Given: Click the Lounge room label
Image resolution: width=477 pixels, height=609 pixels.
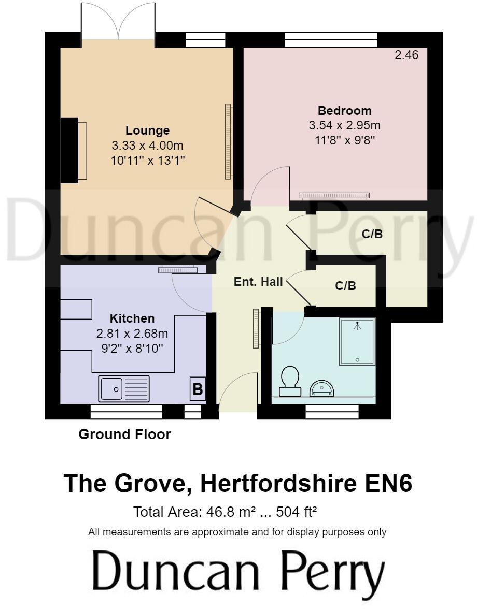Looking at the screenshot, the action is coord(147,131).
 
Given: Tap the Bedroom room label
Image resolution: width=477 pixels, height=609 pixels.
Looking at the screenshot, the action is coord(344,111).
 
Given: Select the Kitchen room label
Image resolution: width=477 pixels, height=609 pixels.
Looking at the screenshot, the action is coord(132,318).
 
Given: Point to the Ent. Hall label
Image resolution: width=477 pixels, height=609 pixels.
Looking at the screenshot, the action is coord(258,282).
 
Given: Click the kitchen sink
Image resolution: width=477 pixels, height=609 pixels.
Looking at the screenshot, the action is coord(124,389).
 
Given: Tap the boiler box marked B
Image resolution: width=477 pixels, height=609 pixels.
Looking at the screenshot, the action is coord(198,389).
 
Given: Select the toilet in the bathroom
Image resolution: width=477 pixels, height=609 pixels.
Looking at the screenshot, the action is coord(290,381).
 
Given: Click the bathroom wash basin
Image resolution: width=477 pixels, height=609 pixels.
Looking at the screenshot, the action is coord(322,389).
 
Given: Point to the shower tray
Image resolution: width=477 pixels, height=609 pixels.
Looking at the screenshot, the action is coord(357,342).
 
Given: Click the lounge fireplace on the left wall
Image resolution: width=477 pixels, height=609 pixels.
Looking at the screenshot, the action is coord(74,151).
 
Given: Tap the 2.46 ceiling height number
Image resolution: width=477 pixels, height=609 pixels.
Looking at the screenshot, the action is coord(406,55).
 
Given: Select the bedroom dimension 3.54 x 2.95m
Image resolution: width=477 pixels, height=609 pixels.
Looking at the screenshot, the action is coord(344,125).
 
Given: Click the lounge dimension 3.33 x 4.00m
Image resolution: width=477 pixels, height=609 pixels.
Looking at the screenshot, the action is coord(147,146).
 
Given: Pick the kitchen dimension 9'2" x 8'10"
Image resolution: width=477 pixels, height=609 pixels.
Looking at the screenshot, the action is coord(132,349).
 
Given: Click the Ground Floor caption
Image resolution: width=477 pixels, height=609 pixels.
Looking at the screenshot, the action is coord(124,434).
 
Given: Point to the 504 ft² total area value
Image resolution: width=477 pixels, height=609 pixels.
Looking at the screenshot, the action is coord(296,512).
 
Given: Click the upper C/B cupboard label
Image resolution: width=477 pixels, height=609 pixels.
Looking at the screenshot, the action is coord(372,234).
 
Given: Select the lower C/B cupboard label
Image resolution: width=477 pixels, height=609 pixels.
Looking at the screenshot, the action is coord(346,286).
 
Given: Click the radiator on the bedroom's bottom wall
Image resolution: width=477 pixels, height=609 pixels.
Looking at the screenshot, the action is coord(334,195).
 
